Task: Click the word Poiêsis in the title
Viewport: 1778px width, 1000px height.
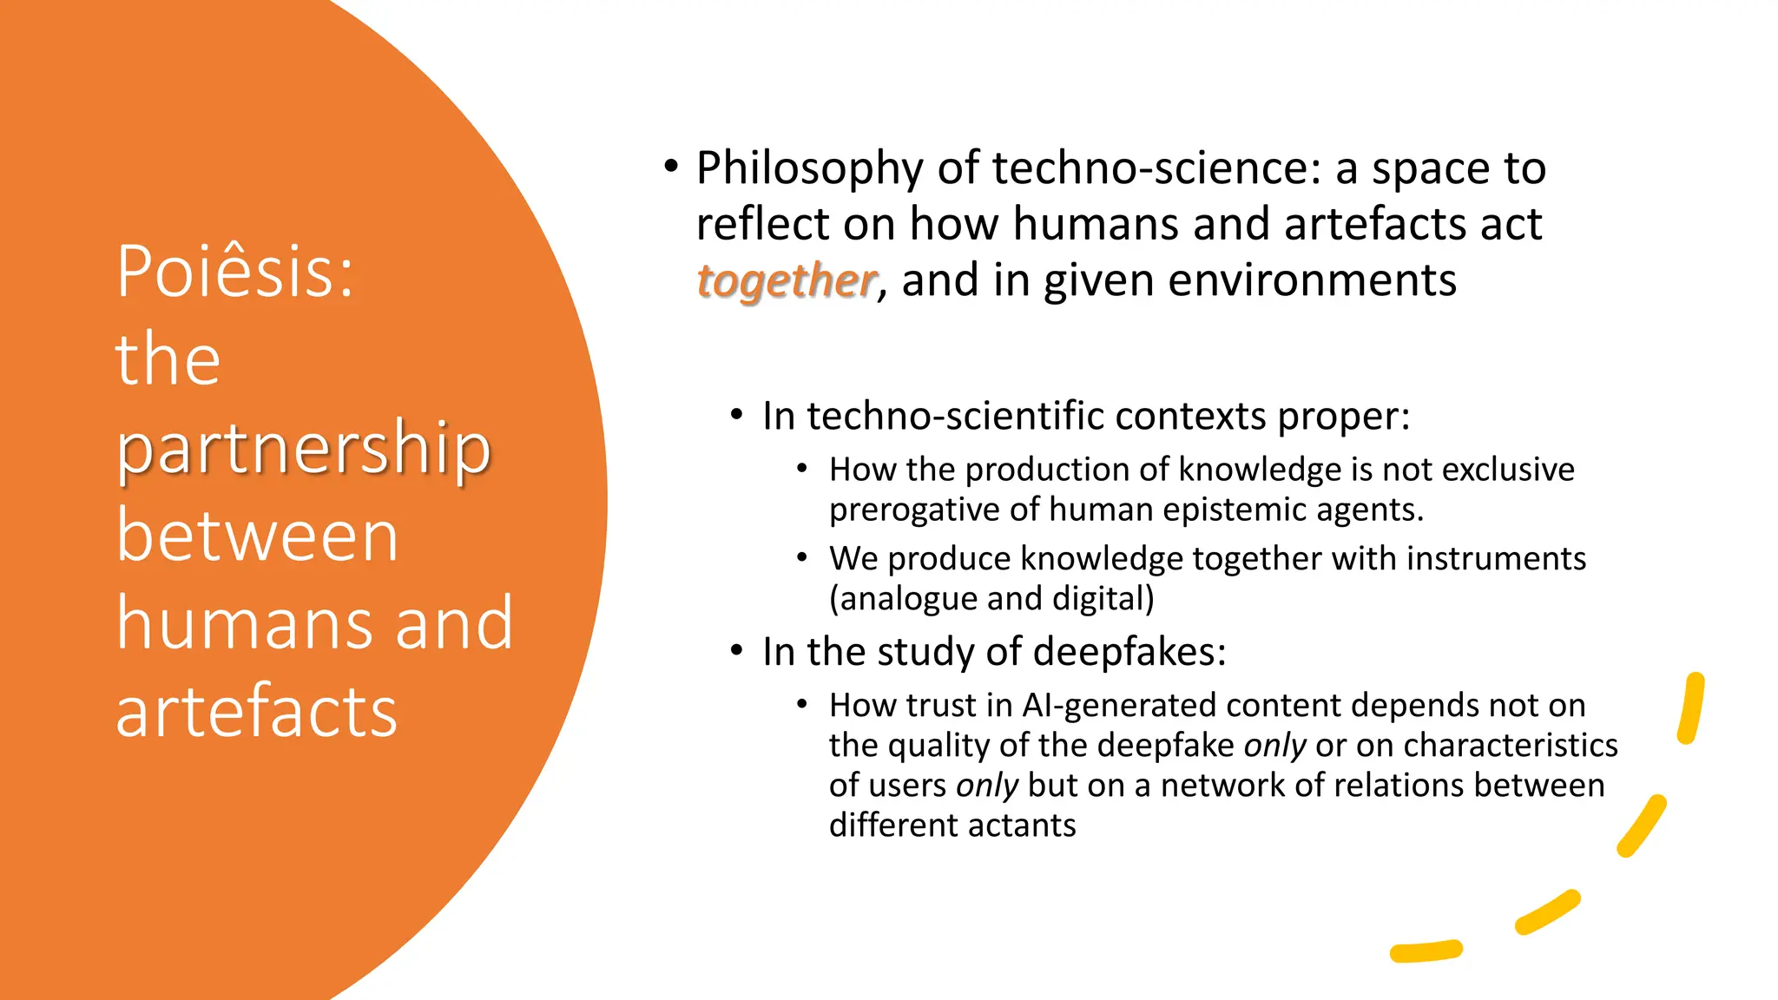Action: tap(234, 272)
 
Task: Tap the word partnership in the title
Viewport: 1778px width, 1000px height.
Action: tap(304, 449)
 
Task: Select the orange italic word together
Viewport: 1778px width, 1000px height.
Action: tap(787, 280)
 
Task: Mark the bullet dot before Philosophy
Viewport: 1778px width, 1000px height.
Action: tap(670, 166)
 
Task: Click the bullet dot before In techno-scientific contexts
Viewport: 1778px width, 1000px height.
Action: tap(736, 415)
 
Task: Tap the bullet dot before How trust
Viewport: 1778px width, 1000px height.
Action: tap(802, 704)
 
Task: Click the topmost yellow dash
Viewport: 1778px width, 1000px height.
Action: tap(1691, 708)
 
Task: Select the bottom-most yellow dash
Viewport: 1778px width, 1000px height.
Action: tap(1426, 951)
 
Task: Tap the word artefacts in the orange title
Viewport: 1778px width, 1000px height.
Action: tap(257, 711)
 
